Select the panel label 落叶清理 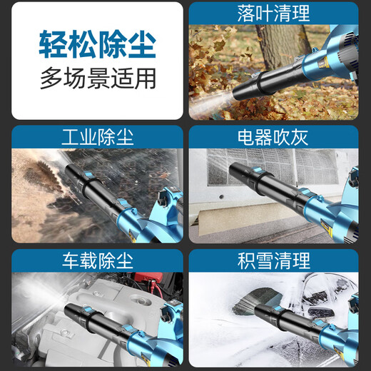[x=273, y=13]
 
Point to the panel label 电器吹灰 [x=273, y=136]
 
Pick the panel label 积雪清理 [x=273, y=258]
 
